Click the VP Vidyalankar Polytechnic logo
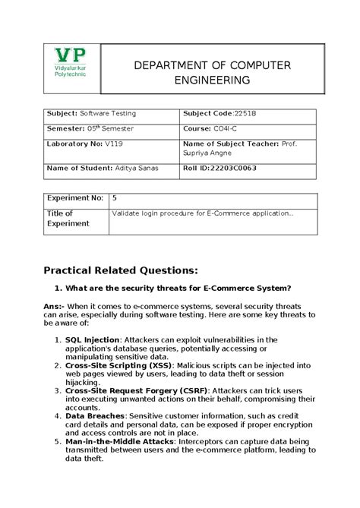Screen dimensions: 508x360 pyautogui.click(x=70, y=68)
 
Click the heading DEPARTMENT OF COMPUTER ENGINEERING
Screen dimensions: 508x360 pyautogui.click(x=212, y=73)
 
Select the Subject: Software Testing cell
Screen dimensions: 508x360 pyautogui.click(x=92, y=114)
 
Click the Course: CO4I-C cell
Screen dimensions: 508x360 pyautogui.click(x=212, y=128)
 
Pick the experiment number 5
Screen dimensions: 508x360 pyautogui.click(x=115, y=198)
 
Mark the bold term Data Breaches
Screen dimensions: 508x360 pyautogui.click(x=95, y=416)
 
